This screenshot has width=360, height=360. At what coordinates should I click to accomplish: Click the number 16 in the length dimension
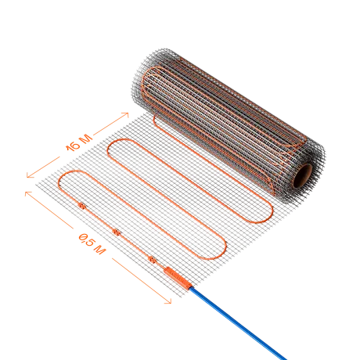[x=74, y=146]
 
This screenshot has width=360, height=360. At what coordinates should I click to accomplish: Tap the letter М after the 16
[x=86, y=139]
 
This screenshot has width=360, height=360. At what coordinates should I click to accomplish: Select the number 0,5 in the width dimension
[x=86, y=239]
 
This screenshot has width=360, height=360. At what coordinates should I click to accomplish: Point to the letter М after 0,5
[x=99, y=250]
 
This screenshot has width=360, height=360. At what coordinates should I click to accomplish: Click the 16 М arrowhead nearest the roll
[x=126, y=114]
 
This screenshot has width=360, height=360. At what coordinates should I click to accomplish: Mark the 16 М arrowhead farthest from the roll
[x=29, y=175]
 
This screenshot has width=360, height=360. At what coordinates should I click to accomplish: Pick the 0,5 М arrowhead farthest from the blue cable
[x=27, y=193]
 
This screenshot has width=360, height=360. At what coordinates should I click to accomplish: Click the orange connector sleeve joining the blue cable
[x=178, y=278]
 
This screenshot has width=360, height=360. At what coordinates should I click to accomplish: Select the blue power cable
[x=237, y=323]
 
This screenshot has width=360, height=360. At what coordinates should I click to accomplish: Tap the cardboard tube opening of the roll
[x=302, y=175]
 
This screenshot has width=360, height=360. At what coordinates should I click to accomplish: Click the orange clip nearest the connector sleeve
[x=152, y=259]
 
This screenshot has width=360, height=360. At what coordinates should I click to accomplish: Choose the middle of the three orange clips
[x=117, y=232]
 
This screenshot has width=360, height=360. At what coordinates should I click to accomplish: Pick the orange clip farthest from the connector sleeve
[x=82, y=206]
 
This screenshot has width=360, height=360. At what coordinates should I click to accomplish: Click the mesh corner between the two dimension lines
[x=36, y=185]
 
